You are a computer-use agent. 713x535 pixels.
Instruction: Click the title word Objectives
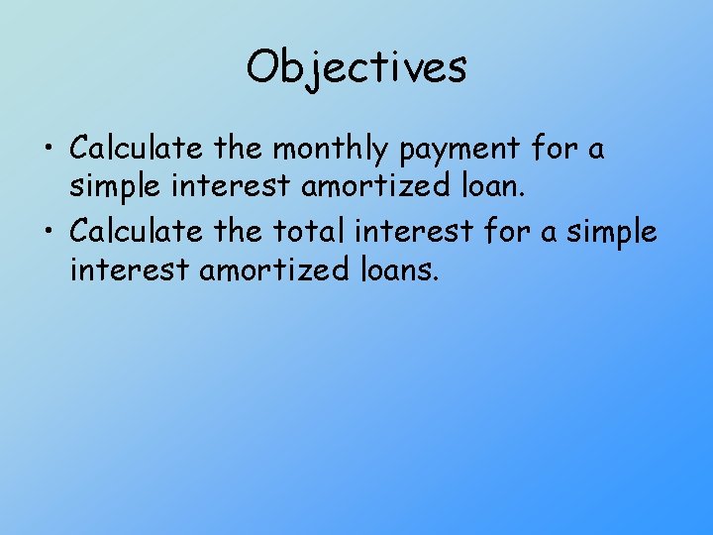coord(356,68)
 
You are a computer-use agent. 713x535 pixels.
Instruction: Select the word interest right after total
coord(411,231)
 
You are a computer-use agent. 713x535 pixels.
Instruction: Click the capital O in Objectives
coord(263,67)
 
